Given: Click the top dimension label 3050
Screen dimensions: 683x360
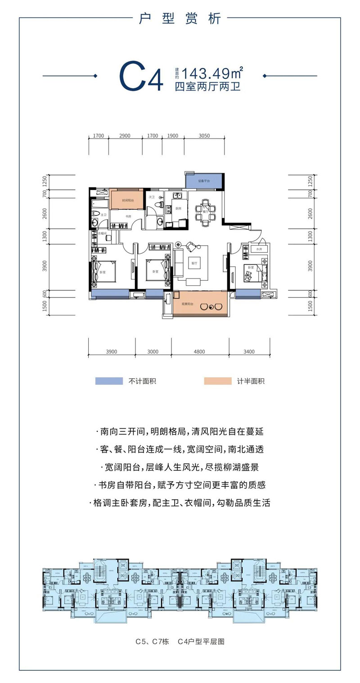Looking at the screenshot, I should point(205,135).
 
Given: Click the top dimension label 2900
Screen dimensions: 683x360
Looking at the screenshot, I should point(125,135).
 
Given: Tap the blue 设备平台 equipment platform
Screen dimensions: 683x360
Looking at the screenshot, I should point(204,181).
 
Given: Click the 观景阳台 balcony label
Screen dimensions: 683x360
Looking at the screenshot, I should point(187,304).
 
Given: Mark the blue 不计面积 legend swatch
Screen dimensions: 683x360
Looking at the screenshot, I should point(109,381).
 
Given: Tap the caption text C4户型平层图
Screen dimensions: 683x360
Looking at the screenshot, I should point(201,642).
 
